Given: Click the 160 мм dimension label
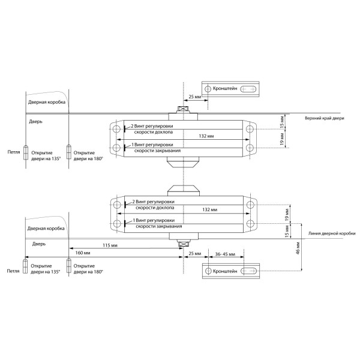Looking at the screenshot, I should [x=82, y=254].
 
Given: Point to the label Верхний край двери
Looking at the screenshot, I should [x=325, y=118].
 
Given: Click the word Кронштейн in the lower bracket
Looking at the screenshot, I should [x=224, y=271].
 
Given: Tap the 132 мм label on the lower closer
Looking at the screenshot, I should [x=210, y=210].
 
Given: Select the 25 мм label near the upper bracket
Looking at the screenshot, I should [x=195, y=97].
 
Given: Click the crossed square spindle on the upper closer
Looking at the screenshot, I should [x=182, y=110].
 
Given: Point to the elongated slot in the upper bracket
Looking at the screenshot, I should [x=248, y=89].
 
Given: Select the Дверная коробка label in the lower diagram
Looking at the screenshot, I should [x=46, y=229].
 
